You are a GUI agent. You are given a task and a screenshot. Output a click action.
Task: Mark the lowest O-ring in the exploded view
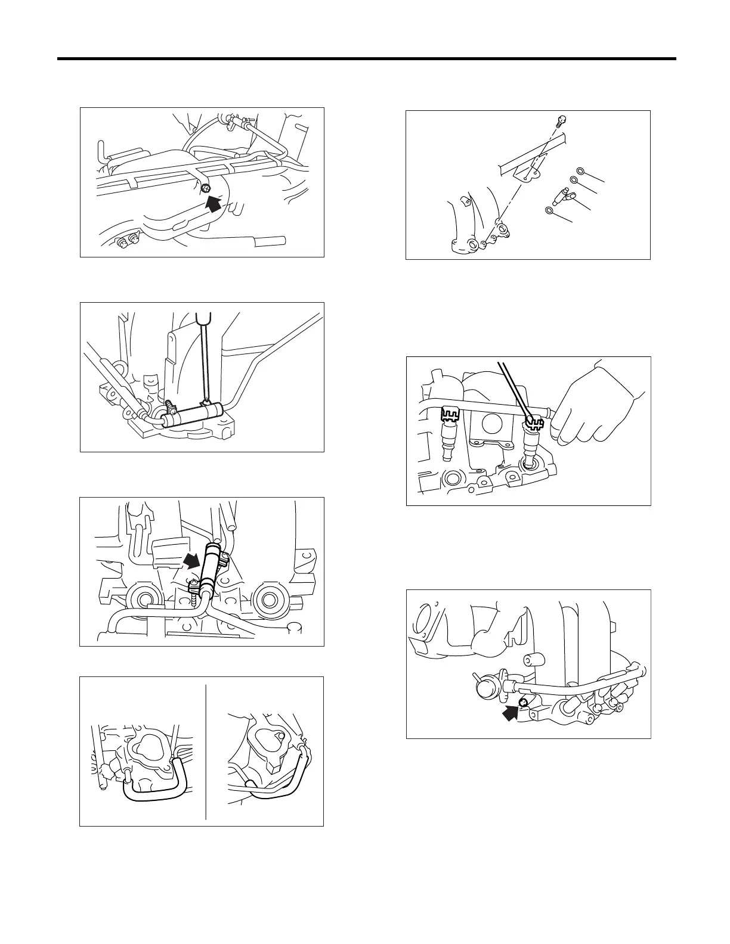549,210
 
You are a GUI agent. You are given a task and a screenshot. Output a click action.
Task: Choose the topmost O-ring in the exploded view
580,172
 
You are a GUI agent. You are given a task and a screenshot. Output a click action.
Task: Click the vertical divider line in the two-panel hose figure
206,751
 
